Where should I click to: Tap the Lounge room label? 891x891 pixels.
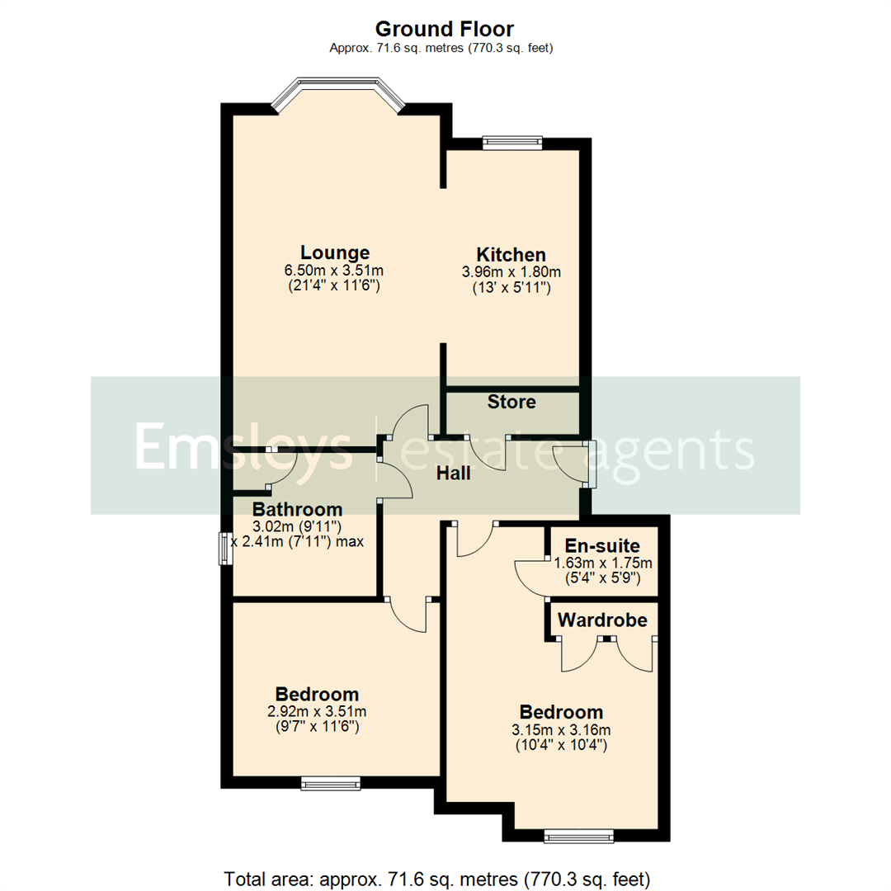pos(335,252)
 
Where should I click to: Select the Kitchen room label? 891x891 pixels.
pos(511,254)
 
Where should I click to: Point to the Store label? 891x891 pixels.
pos(511,403)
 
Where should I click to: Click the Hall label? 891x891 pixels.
pos(454,474)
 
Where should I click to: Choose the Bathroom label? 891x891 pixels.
pos(297,509)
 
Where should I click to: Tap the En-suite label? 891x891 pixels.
pos(608,545)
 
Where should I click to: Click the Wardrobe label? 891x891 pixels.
pos(602,619)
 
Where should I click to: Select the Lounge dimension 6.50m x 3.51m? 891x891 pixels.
pos(335,270)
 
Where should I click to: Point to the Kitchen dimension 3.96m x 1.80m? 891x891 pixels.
pos(511,271)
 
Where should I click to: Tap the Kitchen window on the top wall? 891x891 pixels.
pos(511,143)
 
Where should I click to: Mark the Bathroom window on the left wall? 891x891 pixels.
pos(224,549)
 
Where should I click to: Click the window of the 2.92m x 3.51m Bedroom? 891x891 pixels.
pos(331,783)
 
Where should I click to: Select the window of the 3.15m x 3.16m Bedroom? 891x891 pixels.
pos(578,837)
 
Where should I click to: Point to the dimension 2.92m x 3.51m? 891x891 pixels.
pos(318,711)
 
